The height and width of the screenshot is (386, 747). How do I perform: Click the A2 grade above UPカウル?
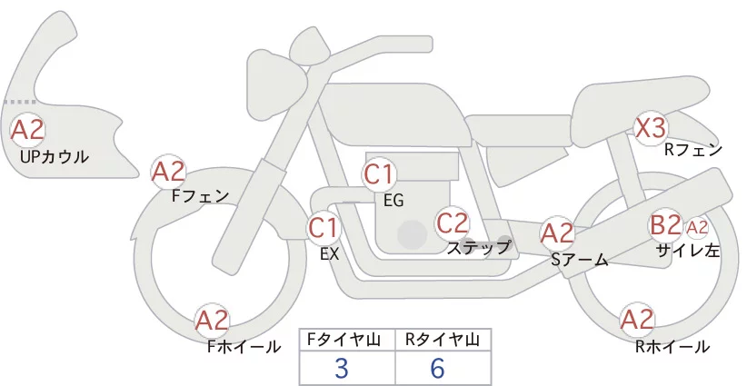(27, 130)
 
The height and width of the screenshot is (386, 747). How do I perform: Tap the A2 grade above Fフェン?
(168, 172)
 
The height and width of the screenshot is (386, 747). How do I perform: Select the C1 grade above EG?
(378, 174)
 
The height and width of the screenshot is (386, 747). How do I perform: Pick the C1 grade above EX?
(324, 227)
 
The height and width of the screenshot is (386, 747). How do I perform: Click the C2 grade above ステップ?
(453, 223)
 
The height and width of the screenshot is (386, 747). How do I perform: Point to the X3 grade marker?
(651, 127)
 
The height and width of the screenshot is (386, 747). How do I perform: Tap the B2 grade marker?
(665, 224)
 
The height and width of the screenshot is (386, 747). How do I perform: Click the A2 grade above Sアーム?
(557, 233)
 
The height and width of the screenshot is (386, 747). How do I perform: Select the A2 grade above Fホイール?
(213, 321)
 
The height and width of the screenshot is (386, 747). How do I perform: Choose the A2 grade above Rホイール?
(637, 320)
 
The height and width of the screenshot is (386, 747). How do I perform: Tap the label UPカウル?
(55, 156)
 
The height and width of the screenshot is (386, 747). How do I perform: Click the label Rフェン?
(693, 150)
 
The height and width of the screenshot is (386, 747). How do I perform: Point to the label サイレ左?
(687, 251)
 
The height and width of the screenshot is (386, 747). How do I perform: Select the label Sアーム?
(579, 260)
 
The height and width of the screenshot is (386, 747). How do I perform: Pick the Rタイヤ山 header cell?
(443, 340)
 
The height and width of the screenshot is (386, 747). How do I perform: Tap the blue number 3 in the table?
(342, 368)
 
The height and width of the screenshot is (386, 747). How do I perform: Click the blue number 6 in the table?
(437, 368)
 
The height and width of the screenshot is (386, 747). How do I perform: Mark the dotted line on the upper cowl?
(20, 102)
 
